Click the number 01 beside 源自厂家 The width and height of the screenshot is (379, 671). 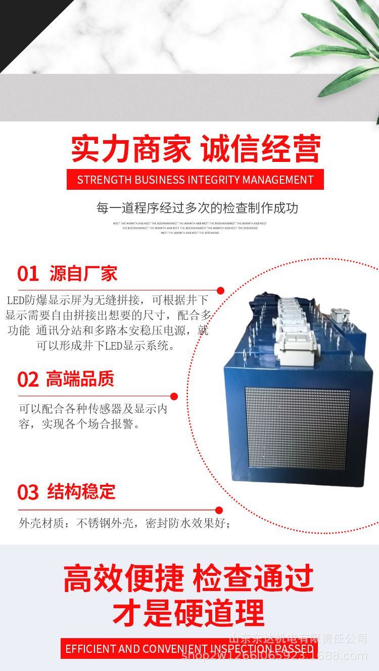[x=28, y=274]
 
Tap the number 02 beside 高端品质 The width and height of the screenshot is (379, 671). [x=28, y=380]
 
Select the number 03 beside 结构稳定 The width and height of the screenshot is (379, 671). [x=28, y=492]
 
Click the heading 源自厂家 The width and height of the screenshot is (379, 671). [x=83, y=274]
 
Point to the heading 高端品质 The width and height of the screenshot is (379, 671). [x=80, y=379]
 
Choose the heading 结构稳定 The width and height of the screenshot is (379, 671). [x=81, y=491]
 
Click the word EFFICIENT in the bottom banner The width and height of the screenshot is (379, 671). [x=90, y=649]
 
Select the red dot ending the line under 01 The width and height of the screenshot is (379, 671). [x=220, y=290]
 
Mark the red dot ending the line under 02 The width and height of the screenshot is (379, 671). [x=174, y=396]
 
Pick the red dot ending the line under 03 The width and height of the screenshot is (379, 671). [x=219, y=510]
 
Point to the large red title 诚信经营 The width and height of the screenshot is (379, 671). [x=261, y=149]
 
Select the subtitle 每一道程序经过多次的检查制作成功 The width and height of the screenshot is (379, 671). [x=197, y=208]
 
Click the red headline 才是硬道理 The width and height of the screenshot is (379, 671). [x=188, y=613]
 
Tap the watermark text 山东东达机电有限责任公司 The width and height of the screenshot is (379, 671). [x=298, y=639]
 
